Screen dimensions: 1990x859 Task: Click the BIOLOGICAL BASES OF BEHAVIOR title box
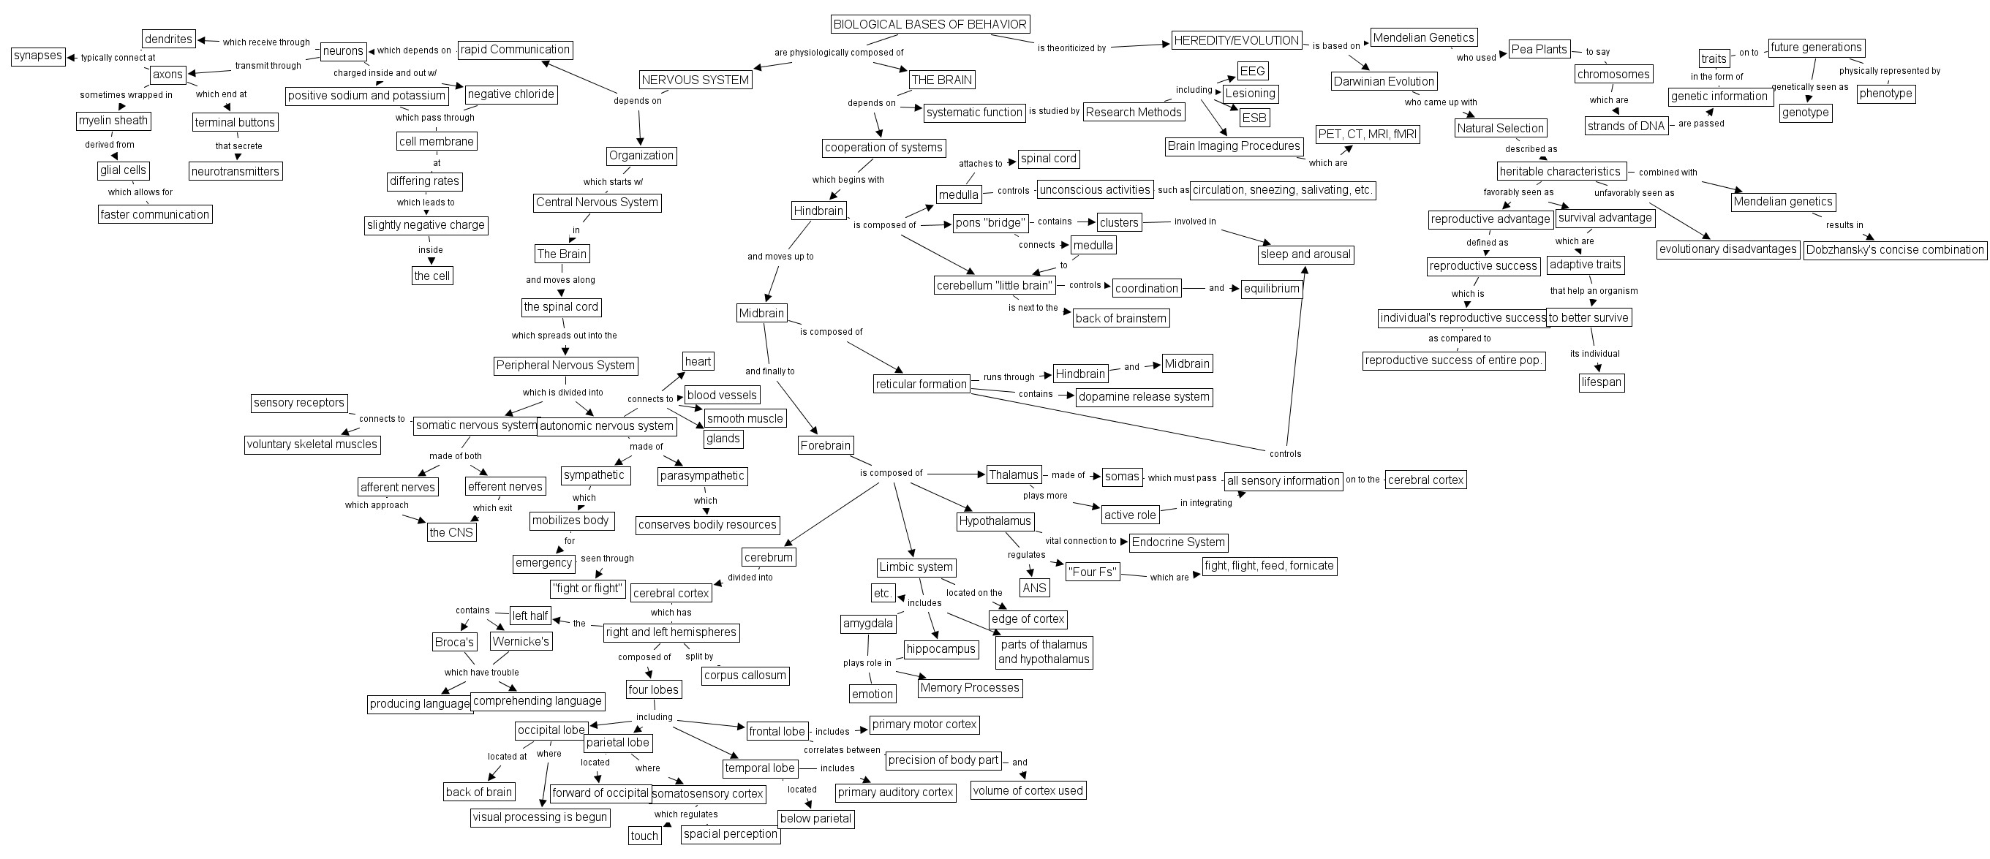click(930, 24)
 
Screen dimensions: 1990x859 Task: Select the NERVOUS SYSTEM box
click(696, 80)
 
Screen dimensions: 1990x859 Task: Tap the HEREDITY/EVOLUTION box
click(1236, 40)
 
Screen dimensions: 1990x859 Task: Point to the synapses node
click(38, 56)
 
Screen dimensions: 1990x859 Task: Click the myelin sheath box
click(113, 121)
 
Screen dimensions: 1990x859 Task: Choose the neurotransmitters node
click(235, 171)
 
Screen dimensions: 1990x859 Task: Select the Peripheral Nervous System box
click(565, 366)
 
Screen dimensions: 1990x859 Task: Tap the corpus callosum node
click(745, 676)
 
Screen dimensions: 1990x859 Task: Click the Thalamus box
click(1014, 475)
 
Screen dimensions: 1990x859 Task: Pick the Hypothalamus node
click(995, 521)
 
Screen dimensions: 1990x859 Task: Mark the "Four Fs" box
click(1093, 572)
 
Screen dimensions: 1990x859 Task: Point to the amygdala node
click(868, 624)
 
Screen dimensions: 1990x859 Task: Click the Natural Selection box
click(1500, 128)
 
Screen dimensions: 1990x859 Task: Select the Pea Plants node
click(1539, 50)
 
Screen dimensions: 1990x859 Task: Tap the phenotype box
click(1885, 94)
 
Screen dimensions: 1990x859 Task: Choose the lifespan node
click(1602, 382)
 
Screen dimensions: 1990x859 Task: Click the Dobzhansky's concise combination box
click(1895, 250)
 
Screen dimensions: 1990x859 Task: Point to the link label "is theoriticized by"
click(1071, 48)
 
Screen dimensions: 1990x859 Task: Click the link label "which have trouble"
click(481, 672)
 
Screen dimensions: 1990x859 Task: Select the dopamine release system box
click(1144, 397)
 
